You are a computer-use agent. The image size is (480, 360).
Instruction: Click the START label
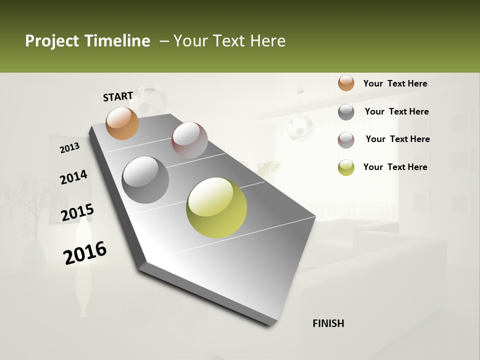[118, 96]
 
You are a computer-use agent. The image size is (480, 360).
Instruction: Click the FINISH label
[328, 323]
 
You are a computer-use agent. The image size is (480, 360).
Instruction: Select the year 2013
[69, 148]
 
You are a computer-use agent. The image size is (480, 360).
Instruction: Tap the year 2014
[73, 177]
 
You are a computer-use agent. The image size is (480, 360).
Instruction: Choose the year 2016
[85, 252]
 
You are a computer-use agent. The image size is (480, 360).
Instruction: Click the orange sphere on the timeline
[122, 123]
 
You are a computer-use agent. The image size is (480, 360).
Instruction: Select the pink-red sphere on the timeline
[189, 140]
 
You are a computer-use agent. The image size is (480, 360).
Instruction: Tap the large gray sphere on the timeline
[145, 180]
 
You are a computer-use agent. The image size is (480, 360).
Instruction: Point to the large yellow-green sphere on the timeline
[216, 207]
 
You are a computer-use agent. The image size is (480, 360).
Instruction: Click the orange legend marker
[346, 83]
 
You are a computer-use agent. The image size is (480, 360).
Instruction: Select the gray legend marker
[346, 112]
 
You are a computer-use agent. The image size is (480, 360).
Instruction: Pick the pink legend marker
[346, 140]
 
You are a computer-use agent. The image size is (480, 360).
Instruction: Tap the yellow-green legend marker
[346, 167]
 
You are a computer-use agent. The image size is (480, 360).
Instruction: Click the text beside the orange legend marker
[395, 83]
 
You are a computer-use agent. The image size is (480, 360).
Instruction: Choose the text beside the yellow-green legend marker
[395, 167]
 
